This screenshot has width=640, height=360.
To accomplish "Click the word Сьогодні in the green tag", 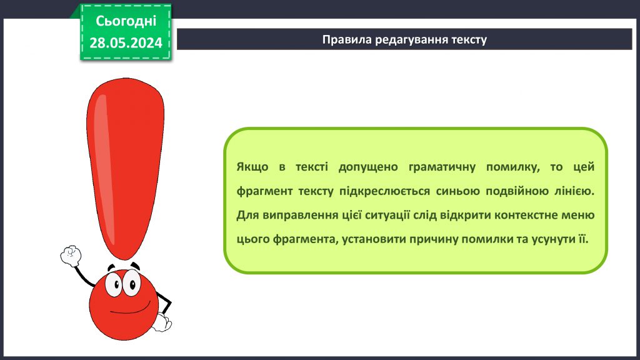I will [126, 21].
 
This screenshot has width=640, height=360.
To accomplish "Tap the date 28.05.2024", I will [126, 42].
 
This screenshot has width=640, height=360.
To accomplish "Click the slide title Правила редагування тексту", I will [404, 39].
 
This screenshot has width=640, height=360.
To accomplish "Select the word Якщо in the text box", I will [252, 167].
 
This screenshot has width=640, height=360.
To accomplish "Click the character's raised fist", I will [71, 256].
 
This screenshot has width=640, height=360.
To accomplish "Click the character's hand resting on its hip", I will [162, 322].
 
